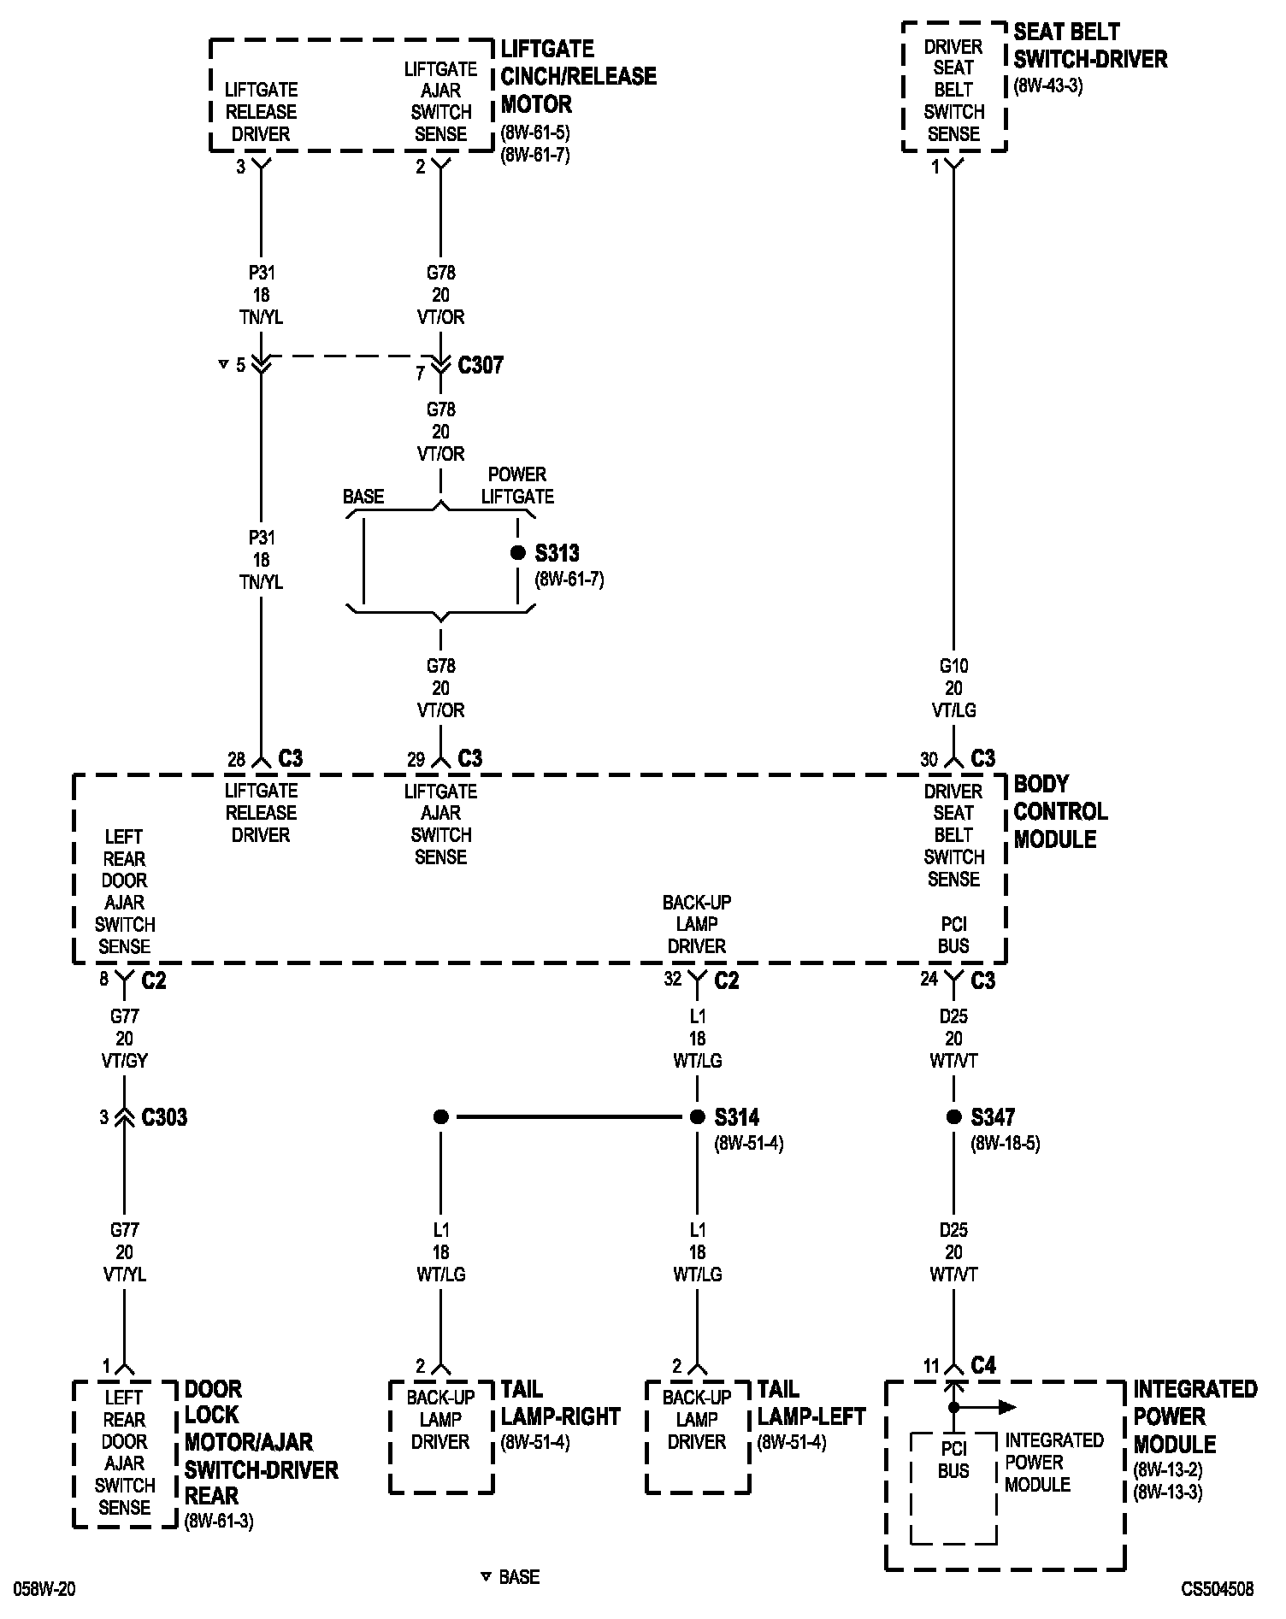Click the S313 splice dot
pos(517,553)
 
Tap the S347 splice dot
pos(953,1116)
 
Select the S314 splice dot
pos(697,1116)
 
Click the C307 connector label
pos(481,365)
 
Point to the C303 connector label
pos(164,1117)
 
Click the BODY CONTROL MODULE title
pos(1059,811)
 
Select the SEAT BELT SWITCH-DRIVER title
pos(1090,46)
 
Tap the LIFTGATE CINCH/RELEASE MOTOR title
pos(578,77)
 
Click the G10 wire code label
pos(953,665)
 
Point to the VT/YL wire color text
pos(125,1274)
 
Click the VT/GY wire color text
pos(125,1060)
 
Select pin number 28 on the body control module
pos(236,759)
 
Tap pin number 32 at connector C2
pos(673,980)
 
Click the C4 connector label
pos(983,1365)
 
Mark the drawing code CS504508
pos(1218,1589)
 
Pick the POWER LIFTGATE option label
pos(517,486)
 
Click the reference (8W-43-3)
pos(1048,86)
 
